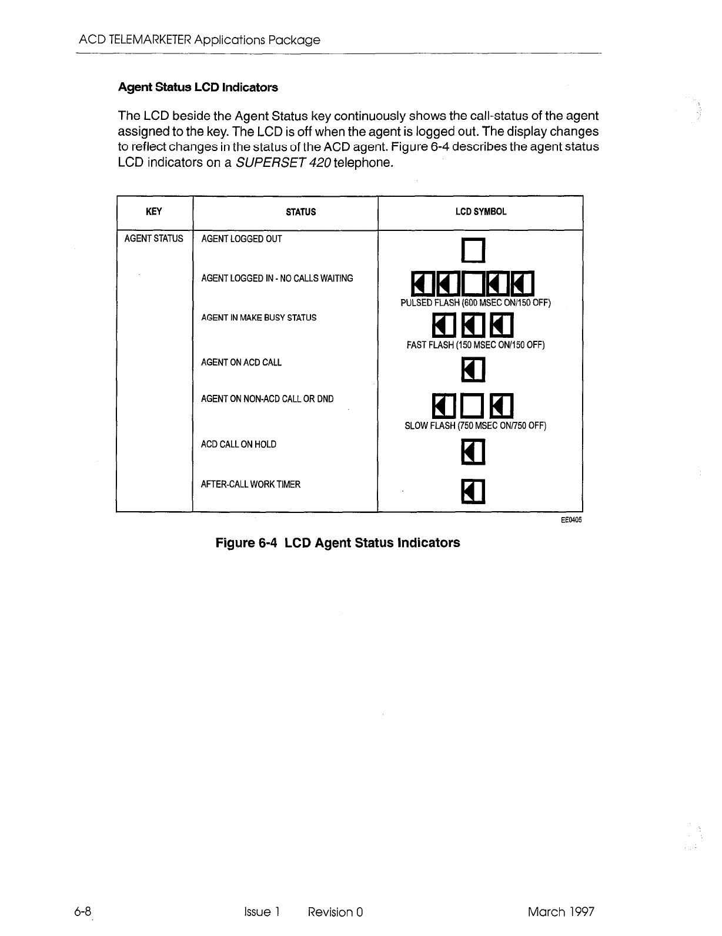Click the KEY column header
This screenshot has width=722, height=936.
[x=153, y=212]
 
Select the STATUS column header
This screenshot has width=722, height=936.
[x=300, y=212]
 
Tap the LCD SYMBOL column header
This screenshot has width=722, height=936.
[x=480, y=212]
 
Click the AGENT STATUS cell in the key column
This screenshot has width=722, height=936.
[x=153, y=239]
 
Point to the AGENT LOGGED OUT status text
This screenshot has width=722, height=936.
[x=241, y=239]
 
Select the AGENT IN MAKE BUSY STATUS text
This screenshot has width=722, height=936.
[x=258, y=318]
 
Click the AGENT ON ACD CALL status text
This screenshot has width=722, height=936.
[x=241, y=363]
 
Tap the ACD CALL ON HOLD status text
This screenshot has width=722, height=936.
[x=238, y=444]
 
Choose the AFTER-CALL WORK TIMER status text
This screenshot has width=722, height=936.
[x=250, y=484]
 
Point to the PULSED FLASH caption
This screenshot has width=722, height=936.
[x=475, y=303]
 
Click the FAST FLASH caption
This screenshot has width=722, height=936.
[x=475, y=345]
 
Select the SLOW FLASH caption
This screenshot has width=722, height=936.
[x=475, y=425]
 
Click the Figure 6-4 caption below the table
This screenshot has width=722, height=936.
[x=337, y=543]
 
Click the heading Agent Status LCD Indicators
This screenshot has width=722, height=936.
[x=198, y=88]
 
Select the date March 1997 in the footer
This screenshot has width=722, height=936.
[x=561, y=912]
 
